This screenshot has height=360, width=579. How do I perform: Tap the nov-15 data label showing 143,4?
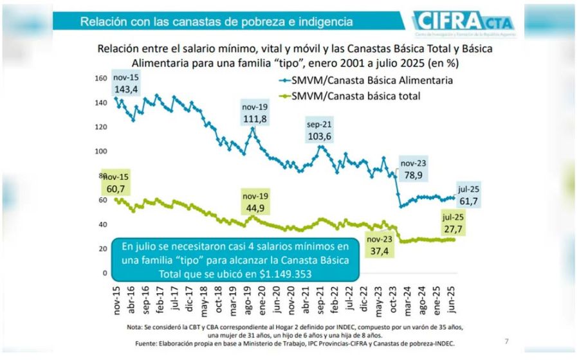(x=126, y=84)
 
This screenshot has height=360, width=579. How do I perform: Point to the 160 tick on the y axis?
(x=100, y=78)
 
